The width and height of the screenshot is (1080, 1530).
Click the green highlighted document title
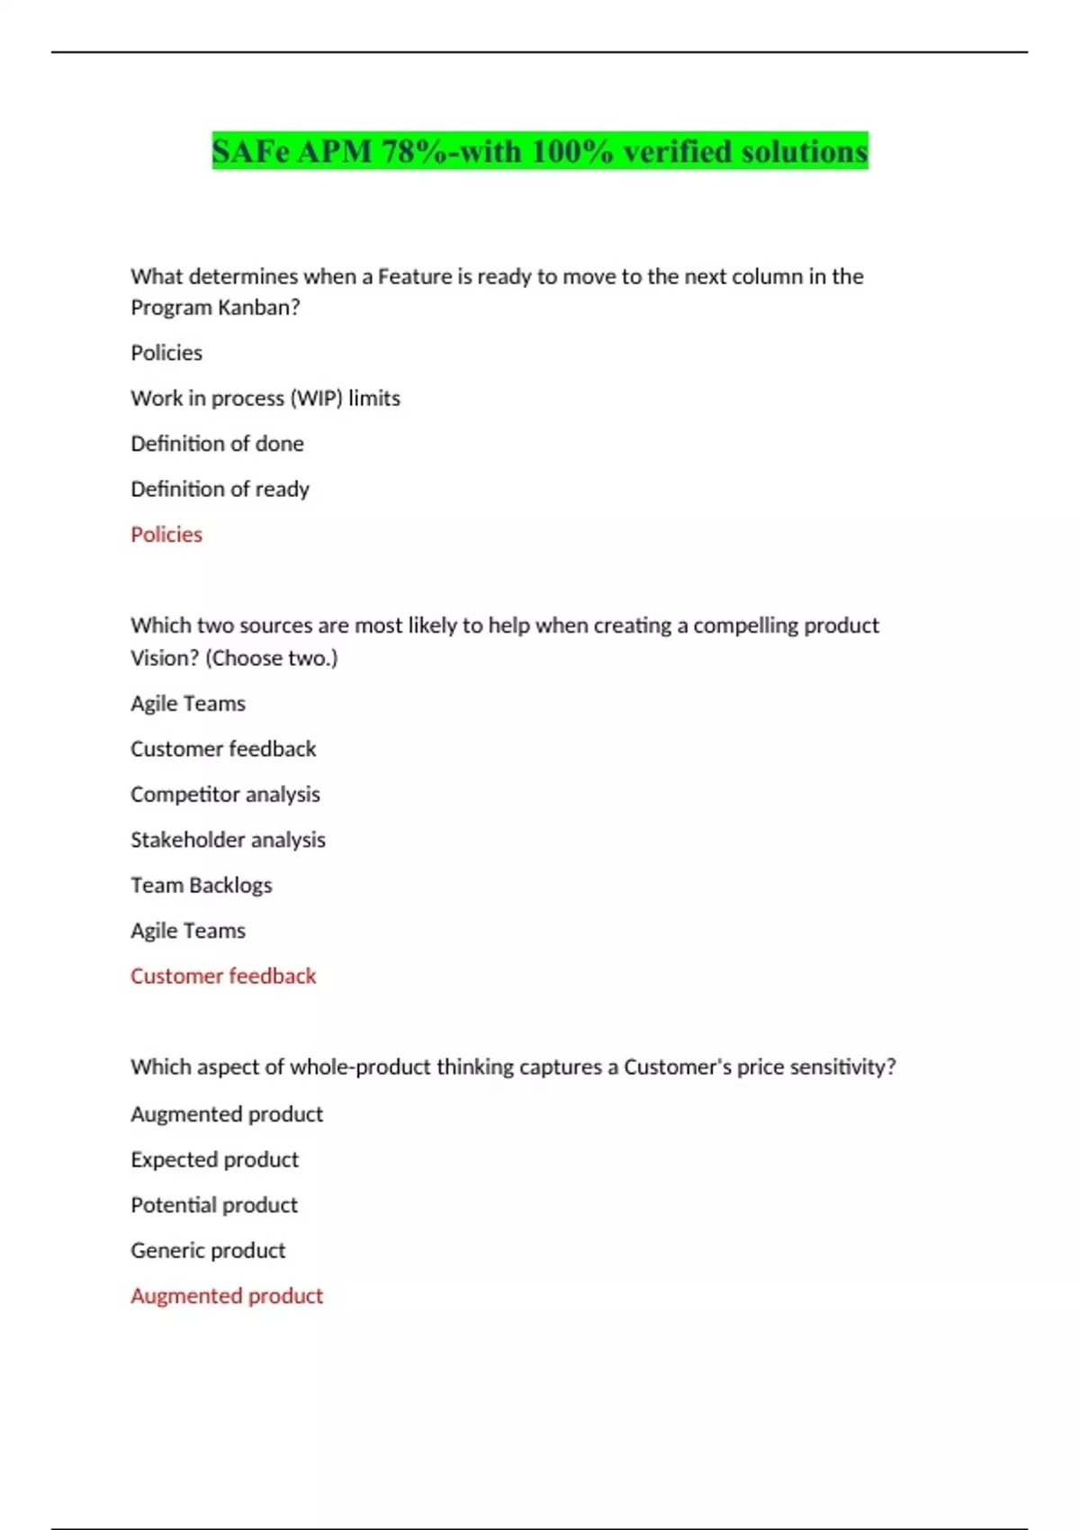coord(540,151)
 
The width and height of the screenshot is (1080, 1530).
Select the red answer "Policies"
coord(166,535)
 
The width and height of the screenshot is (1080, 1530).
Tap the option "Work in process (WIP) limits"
coord(265,398)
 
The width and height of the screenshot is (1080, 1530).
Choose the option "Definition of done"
coord(217,444)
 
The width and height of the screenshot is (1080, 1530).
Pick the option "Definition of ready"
coord(220,489)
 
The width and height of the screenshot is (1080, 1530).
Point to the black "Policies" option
coord(166,353)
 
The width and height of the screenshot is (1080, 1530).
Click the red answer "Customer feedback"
coord(223,976)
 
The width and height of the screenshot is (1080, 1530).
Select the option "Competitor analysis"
coord(225,794)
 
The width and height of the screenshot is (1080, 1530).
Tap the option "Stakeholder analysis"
coord(228,840)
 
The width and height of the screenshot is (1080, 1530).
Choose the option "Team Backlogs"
coord(201,885)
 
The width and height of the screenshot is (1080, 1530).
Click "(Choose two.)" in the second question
coord(272,658)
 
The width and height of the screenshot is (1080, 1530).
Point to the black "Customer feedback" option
coord(223,749)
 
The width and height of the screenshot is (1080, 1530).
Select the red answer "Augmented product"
coord(227,1295)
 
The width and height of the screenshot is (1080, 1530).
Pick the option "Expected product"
coord(214,1159)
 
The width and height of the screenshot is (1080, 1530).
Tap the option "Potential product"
coord(214,1204)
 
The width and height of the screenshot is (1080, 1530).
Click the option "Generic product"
coord(208,1250)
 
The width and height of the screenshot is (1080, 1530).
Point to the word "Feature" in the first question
coord(415,276)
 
